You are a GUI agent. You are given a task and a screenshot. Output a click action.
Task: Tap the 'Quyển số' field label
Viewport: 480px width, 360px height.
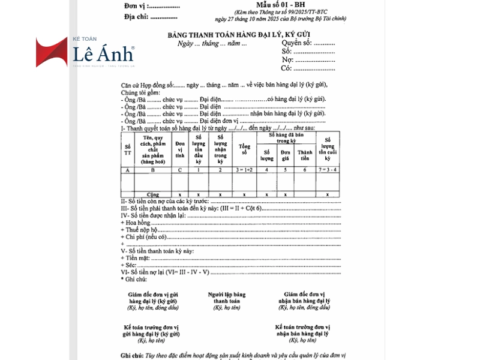coord(297,43)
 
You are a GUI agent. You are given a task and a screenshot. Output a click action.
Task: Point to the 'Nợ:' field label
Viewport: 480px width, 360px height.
coord(287,60)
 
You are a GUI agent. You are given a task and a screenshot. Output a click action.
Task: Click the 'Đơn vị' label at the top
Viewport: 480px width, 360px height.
coord(134,6)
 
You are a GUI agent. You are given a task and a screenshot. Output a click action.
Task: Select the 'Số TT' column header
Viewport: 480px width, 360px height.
coord(127,150)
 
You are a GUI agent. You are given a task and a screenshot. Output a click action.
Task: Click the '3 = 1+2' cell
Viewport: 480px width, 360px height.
coord(244,171)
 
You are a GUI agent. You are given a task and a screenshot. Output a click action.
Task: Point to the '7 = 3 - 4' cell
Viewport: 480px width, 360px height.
coord(327,171)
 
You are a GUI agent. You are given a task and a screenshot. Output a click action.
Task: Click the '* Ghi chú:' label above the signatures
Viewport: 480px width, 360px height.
coord(134,279)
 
